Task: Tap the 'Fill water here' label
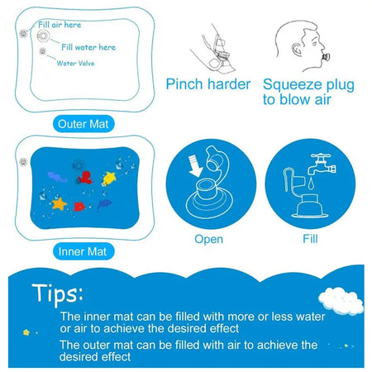point(88,47)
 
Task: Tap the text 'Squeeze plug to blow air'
point(308,91)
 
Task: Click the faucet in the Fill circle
point(319,166)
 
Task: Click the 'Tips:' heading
point(58,294)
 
